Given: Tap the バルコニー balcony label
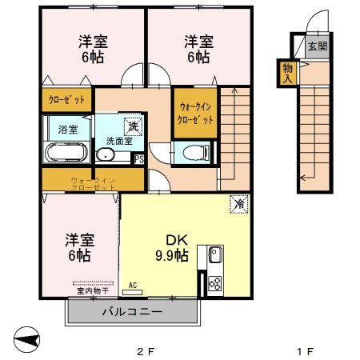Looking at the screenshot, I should coord(132,312).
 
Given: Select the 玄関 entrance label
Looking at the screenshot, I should coord(317,46).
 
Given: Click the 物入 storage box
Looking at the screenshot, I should coord(286,73).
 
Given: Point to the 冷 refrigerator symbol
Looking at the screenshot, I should coord(238,204).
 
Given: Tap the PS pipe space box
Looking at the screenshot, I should coord(139,158).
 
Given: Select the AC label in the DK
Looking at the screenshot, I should coord(132,284).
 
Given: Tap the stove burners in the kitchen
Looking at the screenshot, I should coord(215,282).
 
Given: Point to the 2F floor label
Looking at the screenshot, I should coord(143,350).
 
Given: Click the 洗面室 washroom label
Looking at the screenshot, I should coord(115,141).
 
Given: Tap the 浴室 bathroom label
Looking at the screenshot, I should coord(66,128).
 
